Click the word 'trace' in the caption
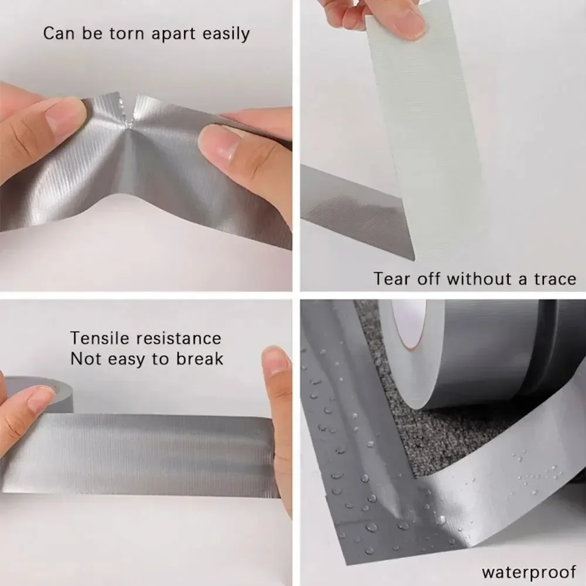(554, 279)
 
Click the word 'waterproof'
(529, 571)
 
